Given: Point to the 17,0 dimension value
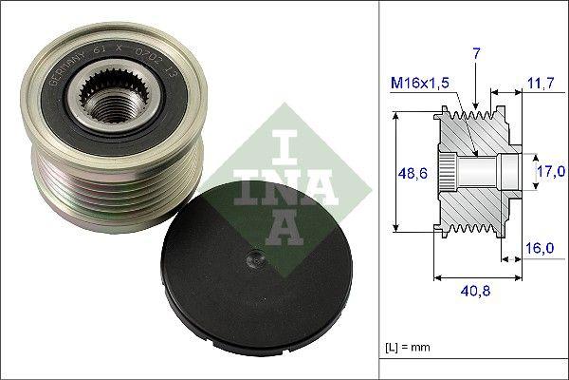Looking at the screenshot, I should (550, 171).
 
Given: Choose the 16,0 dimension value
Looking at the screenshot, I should (539, 247).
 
